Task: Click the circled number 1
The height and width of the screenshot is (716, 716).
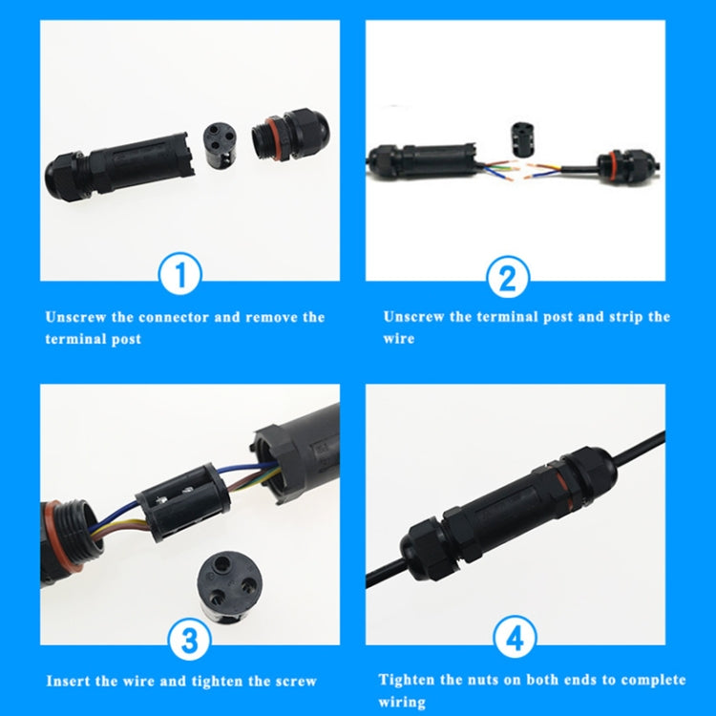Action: [x=181, y=277]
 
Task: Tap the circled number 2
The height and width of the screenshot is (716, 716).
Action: [x=507, y=278]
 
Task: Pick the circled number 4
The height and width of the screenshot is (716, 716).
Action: [x=516, y=637]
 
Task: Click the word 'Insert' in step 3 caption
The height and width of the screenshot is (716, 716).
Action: [x=69, y=682]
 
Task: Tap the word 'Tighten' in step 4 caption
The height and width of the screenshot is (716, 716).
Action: [x=411, y=680]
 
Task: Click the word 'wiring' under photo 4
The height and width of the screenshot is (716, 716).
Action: [x=402, y=702]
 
